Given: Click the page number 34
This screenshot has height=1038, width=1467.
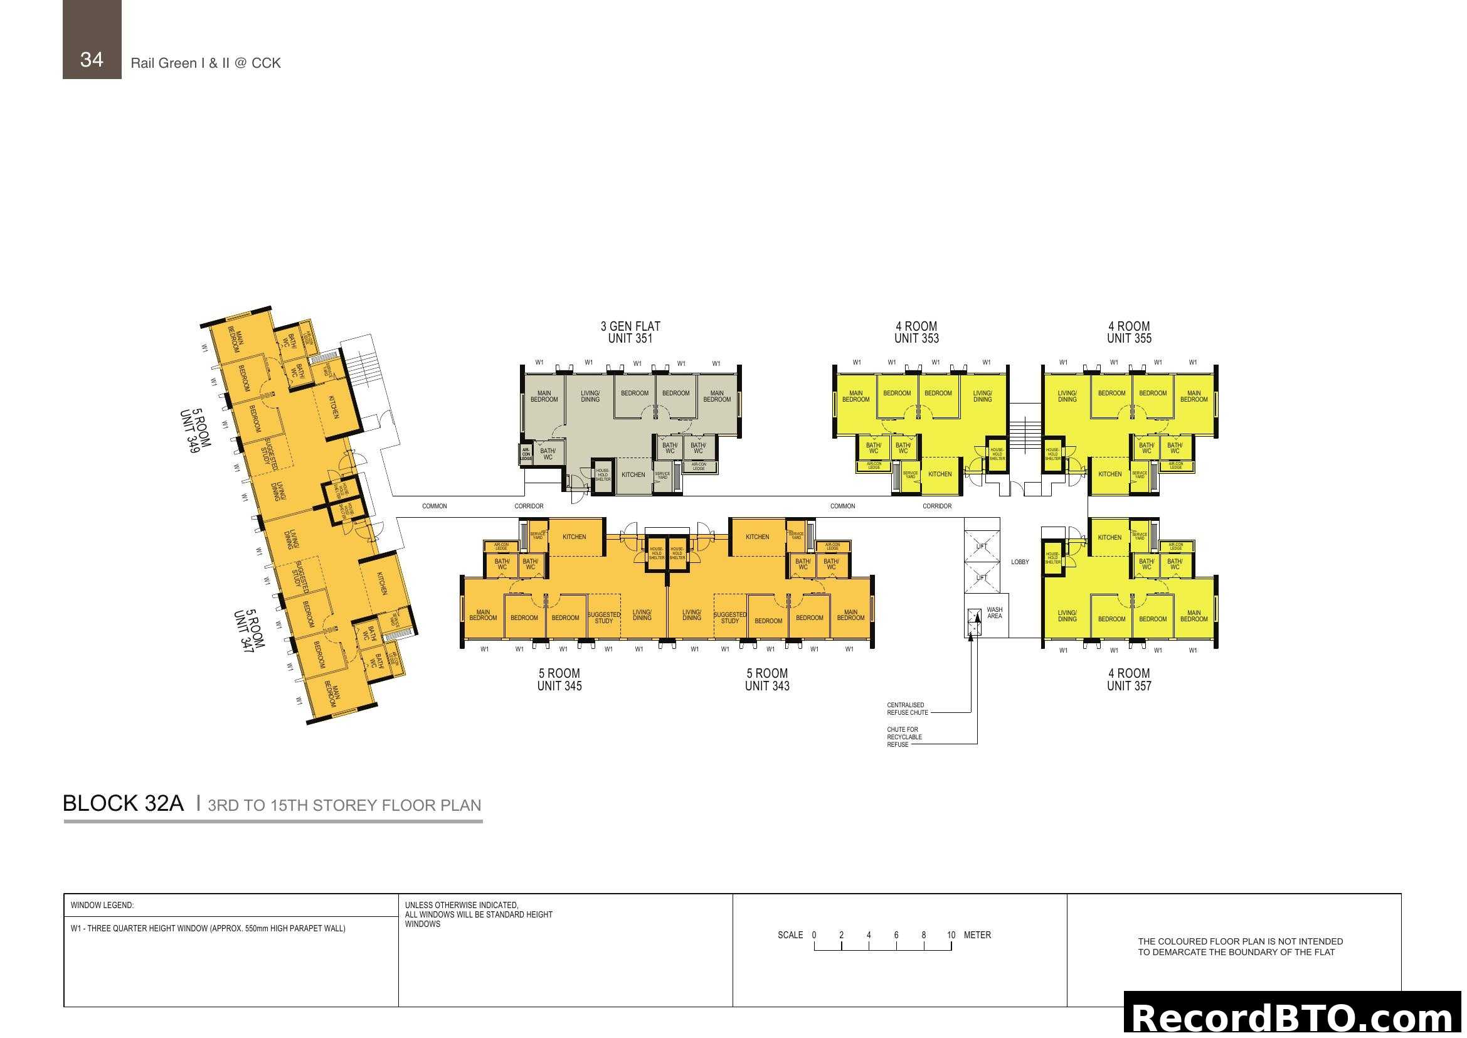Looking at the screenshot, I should pos(92,60).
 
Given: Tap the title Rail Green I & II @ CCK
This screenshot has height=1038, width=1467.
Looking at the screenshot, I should pos(206,63).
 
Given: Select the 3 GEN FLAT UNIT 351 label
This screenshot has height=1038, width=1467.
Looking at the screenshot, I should pos(630,333).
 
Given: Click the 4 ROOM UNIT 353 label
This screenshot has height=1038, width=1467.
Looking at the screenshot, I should pos(916,333).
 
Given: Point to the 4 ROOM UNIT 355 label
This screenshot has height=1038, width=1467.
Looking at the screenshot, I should pos(1129,333).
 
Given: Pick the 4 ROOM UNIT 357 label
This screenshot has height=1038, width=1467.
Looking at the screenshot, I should pos(1129,680).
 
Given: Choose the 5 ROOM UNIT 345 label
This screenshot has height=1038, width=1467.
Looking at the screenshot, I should pos(559,680).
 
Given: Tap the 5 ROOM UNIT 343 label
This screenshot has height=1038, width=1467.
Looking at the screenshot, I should pos(766,680).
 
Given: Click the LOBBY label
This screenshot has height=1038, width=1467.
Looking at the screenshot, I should pos(1020,562).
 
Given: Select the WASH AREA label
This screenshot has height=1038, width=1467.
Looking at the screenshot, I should pos(994,613).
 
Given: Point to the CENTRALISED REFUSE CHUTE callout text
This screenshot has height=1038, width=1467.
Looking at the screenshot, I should pos(908,709).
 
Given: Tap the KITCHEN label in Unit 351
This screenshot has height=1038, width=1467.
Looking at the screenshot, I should pos(633,475).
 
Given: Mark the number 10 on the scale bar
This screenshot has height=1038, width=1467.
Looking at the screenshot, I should pos(951,935).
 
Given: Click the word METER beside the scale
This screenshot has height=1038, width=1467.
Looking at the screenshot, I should pos(977,935).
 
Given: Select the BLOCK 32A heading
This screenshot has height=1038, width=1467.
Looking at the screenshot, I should pos(124,803).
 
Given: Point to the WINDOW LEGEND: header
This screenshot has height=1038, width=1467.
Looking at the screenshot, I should pos(102,905).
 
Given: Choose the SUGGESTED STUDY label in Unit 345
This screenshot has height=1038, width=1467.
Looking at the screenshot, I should pos(603,618).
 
